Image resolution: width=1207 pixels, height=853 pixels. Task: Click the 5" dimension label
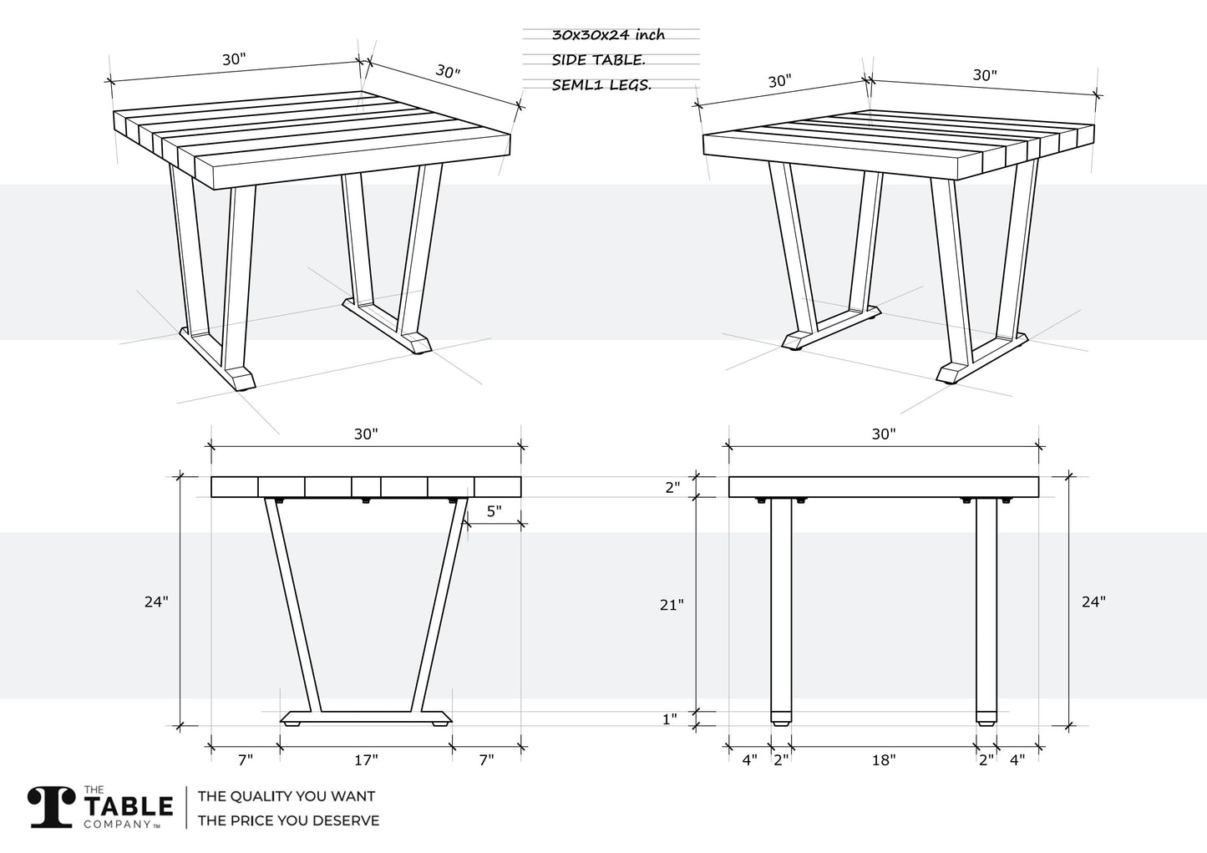[494, 510]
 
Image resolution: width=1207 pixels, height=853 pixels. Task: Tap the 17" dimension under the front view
[366, 760]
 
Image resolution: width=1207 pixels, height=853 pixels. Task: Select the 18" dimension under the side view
[884, 760]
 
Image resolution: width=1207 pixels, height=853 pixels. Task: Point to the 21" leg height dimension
[672, 605]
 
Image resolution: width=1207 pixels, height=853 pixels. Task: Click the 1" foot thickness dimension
[669, 718]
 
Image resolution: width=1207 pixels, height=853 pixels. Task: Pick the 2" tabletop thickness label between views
[672, 488]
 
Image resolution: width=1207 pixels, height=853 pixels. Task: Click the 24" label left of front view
[156, 602]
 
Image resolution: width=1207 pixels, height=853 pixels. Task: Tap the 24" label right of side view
[1094, 602]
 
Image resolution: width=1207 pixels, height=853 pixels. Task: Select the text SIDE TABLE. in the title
[598, 60]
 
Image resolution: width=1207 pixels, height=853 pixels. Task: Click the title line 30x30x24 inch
[608, 35]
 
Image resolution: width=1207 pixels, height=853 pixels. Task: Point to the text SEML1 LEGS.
[601, 85]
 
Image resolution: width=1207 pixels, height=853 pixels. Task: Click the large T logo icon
[51, 807]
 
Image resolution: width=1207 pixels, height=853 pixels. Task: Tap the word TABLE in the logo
[129, 806]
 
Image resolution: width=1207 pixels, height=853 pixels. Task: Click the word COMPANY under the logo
[117, 824]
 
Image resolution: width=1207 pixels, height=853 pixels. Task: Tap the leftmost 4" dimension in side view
[749, 760]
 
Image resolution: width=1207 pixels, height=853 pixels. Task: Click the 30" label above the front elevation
[366, 434]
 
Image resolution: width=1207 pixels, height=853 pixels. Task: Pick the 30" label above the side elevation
[884, 434]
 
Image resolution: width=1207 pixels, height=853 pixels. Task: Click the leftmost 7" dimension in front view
[246, 760]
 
